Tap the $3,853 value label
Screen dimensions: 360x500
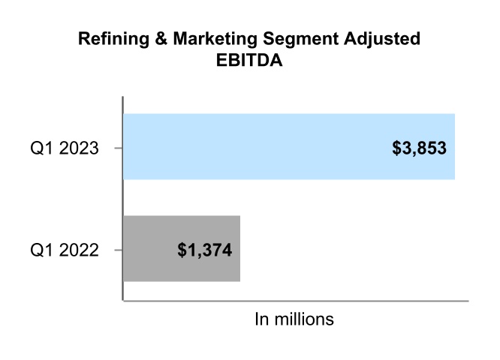419,148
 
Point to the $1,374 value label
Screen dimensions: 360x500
205,250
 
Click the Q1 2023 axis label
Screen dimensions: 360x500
65,148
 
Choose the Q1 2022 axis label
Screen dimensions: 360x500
65,250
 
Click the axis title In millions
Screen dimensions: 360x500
294,319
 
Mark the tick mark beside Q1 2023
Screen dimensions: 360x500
118,148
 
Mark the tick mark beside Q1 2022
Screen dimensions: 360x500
118,250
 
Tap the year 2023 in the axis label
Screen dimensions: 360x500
80,148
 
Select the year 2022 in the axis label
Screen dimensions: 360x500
80,250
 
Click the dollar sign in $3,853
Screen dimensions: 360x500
396,148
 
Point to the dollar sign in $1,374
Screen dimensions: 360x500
182,250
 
